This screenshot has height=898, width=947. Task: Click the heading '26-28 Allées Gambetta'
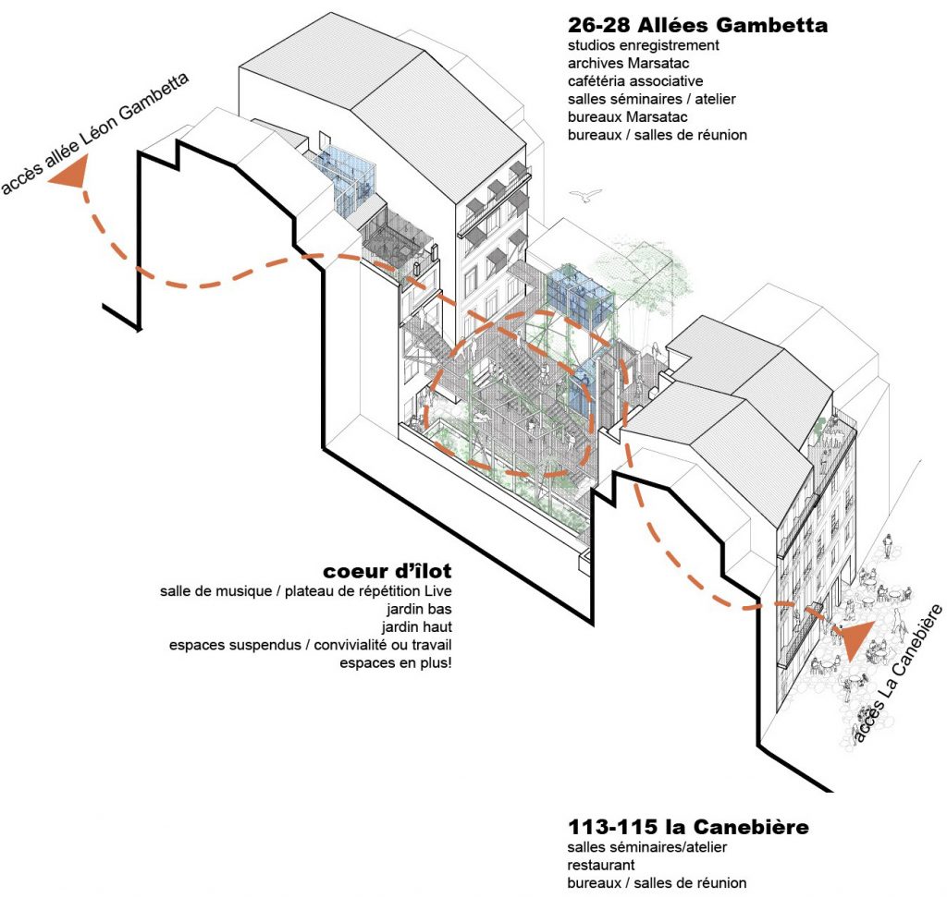697,25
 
